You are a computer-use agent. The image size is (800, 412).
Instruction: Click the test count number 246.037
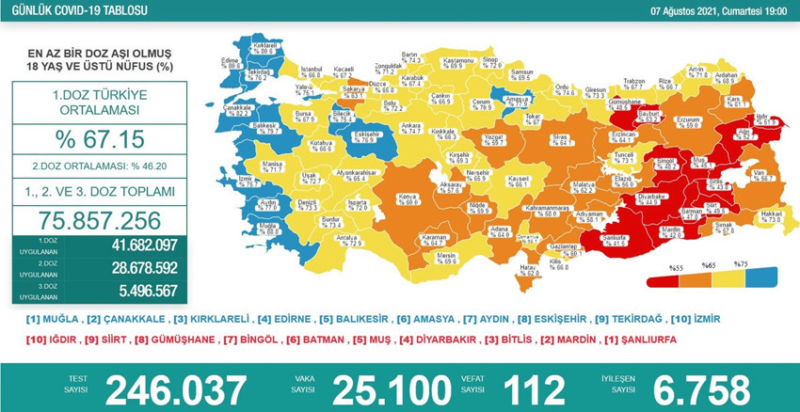point(176,388)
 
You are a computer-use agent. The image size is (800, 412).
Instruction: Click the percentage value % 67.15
point(99,139)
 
